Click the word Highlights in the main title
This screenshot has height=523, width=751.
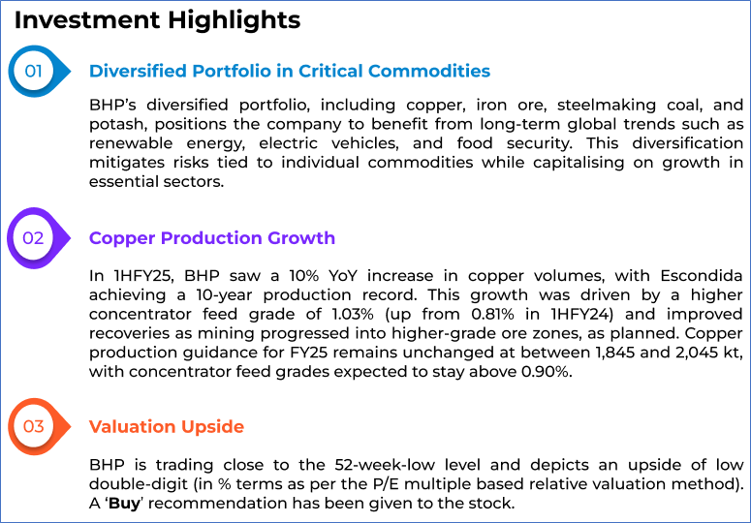click(x=234, y=21)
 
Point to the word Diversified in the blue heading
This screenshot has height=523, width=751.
click(x=138, y=71)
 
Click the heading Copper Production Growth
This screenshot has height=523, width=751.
click(x=211, y=238)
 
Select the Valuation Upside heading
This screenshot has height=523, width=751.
click(x=167, y=426)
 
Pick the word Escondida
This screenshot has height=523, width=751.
click(x=702, y=276)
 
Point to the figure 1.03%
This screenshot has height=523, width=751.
click(x=353, y=314)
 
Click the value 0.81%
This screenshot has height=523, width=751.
click(x=493, y=314)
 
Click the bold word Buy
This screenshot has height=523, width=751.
click(x=125, y=504)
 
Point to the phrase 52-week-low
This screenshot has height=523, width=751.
click(x=385, y=465)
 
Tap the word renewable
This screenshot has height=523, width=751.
click(x=131, y=143)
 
